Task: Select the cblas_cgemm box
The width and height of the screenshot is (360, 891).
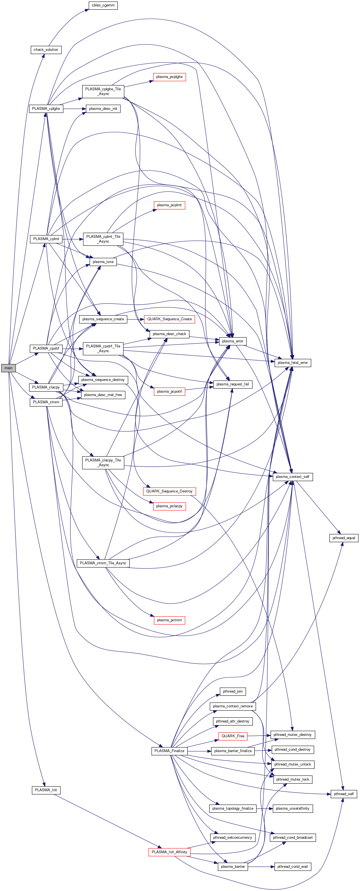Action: (x=103, y=6)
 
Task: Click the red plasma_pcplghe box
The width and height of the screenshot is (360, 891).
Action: (x=169, y=77)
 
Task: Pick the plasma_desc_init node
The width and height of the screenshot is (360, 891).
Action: (x=103, y=109)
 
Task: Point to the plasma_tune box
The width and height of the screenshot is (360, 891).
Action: (x=103, y=262)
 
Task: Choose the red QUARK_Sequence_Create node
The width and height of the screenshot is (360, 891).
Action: (x=169, y=319)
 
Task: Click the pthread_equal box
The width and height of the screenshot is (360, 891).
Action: (x=344, y=538)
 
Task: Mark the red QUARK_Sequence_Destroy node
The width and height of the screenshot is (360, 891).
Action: (x=169, y=491)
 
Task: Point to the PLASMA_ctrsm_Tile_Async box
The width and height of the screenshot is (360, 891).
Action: (x=103, y=563)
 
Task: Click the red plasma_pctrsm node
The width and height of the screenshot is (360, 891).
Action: (x=169, y=620)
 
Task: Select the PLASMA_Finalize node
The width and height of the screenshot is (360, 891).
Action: (x=169, y=751)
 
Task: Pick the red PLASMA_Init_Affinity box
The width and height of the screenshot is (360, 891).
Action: (x=169, y=852)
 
